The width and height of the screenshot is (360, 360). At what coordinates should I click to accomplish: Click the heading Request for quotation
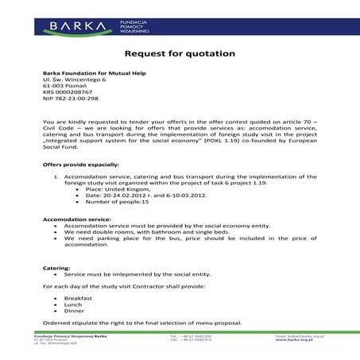point(180,53)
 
